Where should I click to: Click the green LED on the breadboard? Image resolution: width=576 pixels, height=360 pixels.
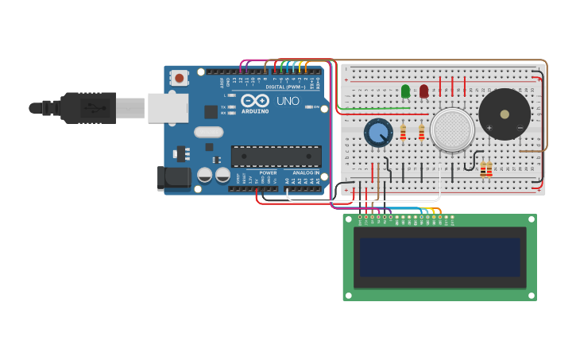(406, 91)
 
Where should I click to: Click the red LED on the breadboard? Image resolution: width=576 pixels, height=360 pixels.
(423, 91)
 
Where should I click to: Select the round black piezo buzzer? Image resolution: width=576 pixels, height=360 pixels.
(504, 114)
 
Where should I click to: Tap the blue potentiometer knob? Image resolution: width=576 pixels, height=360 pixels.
(378, 132)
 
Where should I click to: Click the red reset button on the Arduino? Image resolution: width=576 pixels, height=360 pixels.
(180, 78)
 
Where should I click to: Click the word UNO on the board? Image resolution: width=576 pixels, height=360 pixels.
(288, 101)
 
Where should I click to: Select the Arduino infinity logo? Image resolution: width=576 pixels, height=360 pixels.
(255, 101)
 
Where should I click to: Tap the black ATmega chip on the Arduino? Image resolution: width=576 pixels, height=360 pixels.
(276, 157)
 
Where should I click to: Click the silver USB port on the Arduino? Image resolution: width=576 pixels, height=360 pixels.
(168, 107)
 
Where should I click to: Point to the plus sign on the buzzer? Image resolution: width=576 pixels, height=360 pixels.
(489, 127)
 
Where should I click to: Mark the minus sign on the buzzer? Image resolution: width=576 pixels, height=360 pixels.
(520, 127)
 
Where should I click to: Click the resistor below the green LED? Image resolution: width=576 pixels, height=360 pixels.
(403, 132)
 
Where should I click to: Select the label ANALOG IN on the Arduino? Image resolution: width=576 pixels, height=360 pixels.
(306, 172)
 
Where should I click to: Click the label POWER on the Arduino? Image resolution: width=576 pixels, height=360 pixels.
(268, 172)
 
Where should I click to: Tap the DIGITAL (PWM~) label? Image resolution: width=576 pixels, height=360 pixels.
(285, 87)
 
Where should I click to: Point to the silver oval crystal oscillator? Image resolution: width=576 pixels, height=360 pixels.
(207, 133)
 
